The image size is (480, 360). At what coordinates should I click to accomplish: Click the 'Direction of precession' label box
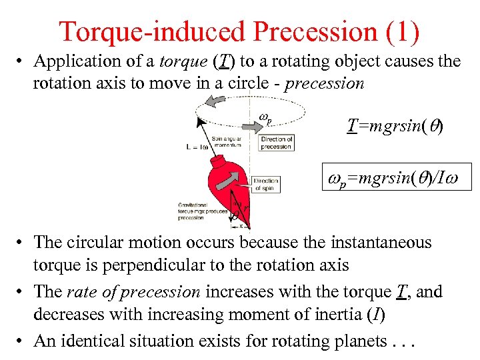[x=276, y=143]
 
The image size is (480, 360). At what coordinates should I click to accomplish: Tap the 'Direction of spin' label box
[x=265, y=183]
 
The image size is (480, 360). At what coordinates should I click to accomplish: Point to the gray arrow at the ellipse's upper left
[x=215, y=101]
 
